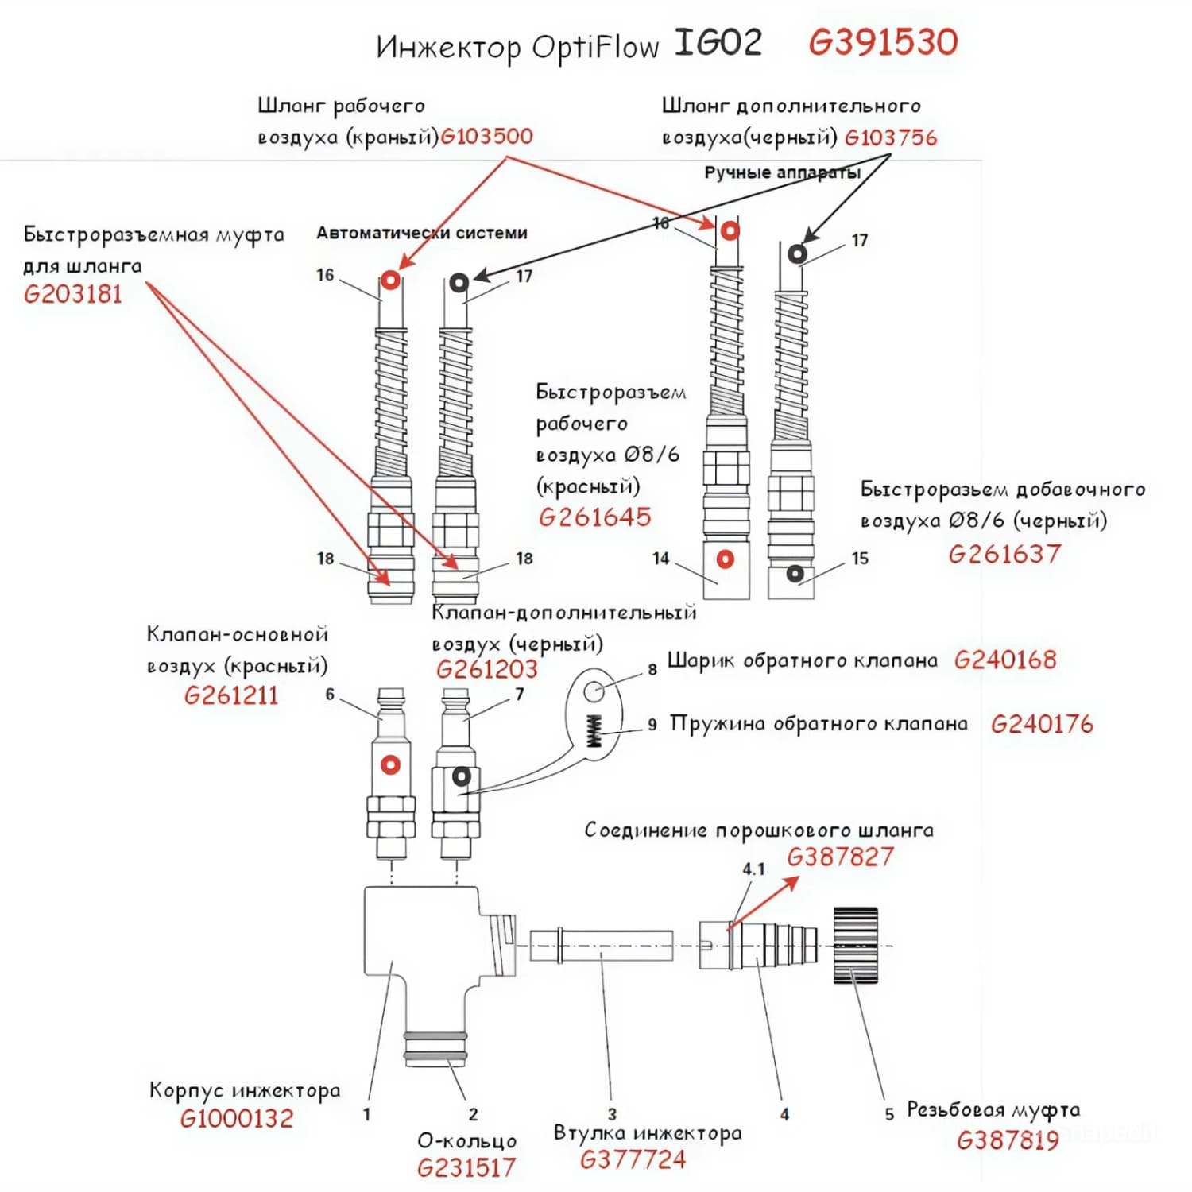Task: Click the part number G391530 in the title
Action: [x=883, y=42]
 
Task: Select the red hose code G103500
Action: [x=486, y=136]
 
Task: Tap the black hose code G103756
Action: [x=891, y=137]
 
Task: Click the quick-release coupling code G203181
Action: [x=73, y=295]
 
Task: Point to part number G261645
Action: [x=595, y=517]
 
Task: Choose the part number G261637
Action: [x=1004, y=554]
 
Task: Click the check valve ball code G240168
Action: [x=1005, y=660]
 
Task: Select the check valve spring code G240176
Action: [x=1042, y=724]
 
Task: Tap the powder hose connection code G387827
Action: [x=840, y=857]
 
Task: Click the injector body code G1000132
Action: [x=237, y=1119]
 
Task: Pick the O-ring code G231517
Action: [x=466, y=1168]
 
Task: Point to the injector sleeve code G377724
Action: [x=633, y=1160]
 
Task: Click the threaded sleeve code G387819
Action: [x=1008, y=1141]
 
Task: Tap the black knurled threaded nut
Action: [x=855, y=945]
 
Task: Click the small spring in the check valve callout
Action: [x=594, y=730]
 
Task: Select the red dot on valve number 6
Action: [x=390, y=764]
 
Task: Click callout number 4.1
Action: [x=753, y=869]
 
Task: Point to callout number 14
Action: [x=660, y=559]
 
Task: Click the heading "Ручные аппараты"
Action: [x=782, y=172]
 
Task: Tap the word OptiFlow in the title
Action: [x=595, y=47]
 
